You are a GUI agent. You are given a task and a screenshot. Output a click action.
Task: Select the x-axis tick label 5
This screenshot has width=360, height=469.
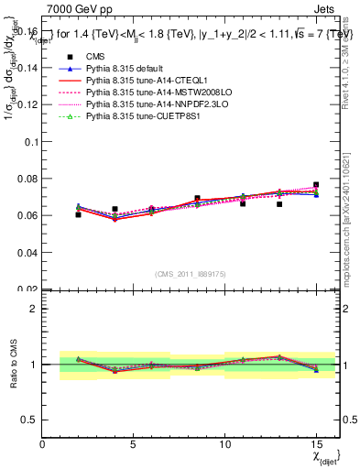click(x=134, y=445)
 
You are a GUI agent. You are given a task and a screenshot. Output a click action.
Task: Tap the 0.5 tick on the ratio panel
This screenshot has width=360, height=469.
click(x=30, y=420)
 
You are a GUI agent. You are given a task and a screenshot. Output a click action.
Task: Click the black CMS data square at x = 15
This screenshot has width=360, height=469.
click(x=316, y=185)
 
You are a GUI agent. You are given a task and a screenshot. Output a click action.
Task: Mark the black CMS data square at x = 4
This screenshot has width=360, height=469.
click(x=115, y=209)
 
